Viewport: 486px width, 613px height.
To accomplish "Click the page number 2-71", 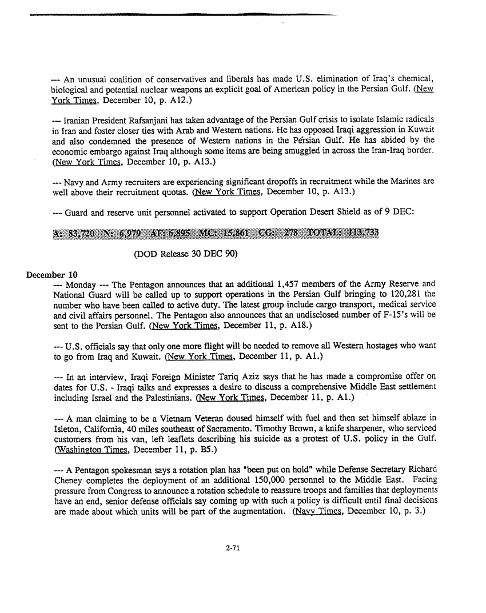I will (232, 548).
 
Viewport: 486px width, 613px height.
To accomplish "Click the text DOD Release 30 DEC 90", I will (182, 253).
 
